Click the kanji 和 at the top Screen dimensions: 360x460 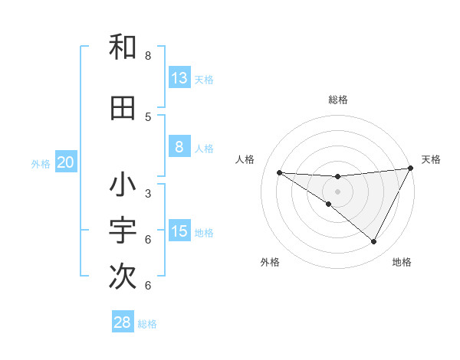tap(123, 47)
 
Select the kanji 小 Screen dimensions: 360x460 tap(123, 185)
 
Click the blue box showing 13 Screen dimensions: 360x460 tap(179, 78)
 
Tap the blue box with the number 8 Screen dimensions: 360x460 tap(179, 147)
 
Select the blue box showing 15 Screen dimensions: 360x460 tap(179, 231)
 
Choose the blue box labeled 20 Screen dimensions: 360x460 tap(66, 162)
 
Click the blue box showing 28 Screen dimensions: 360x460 tap(123, 322)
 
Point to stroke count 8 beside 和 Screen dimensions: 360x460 tap(148, 56)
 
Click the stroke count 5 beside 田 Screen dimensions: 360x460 tap(148, 116)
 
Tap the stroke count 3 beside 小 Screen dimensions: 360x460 tap(148, 193)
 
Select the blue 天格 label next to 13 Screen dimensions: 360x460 tap(204, 79)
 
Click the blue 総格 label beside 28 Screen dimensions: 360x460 tap(147, 323)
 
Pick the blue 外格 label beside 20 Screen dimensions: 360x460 tap(41, 163)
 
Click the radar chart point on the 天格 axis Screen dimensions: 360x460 tap(410, 169)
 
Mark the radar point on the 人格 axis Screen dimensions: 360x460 tap(279, 172)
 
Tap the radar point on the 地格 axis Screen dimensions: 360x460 tap(373, 242)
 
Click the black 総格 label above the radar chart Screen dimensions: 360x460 tap(338, 100)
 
